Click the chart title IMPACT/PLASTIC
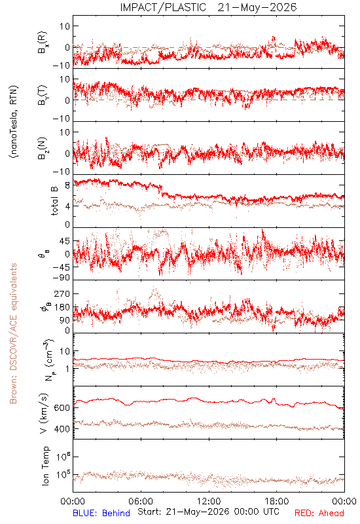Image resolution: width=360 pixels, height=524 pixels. click(163, 7)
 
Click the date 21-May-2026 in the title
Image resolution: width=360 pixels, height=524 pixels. click(257, 7)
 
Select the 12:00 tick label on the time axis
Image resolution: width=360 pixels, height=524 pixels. click(209, 501)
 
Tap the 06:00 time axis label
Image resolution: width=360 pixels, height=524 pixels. click(141, 501)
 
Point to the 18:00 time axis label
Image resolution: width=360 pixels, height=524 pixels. click(277, 501)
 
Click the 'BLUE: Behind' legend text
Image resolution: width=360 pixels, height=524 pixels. click(101, 513)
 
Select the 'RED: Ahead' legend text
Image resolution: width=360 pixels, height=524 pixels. click(319, 513)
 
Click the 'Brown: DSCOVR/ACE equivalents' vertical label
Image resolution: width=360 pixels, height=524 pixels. click(13, 333)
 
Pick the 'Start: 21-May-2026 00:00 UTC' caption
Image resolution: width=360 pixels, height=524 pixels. click(208, 512)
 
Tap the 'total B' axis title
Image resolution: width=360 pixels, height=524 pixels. click(54, 201)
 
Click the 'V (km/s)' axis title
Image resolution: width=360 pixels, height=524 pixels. click(44, 414)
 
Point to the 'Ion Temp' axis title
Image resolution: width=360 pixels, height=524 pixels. click(45, 466)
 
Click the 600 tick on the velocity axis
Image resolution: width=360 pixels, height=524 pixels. click(62, 407)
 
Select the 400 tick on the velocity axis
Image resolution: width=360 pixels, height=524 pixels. click(62, 429)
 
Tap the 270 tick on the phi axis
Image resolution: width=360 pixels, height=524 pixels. click(62, 293)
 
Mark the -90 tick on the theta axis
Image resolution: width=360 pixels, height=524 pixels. click(62, 278)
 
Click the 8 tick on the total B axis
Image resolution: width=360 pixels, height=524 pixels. click(67, 185)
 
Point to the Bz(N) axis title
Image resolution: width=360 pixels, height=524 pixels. click(43, 149)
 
